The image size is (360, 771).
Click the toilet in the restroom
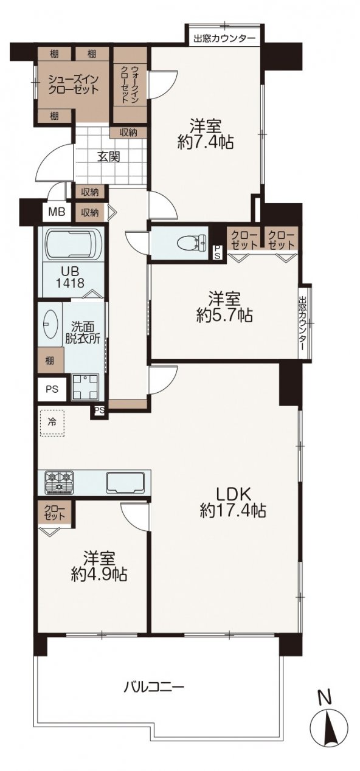192,243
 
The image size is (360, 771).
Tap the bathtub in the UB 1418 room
72,245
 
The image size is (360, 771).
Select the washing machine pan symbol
85,387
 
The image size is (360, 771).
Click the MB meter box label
57,212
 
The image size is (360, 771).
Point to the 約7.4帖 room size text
206,141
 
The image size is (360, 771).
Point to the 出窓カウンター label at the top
224,38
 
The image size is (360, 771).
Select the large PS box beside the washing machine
52,389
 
